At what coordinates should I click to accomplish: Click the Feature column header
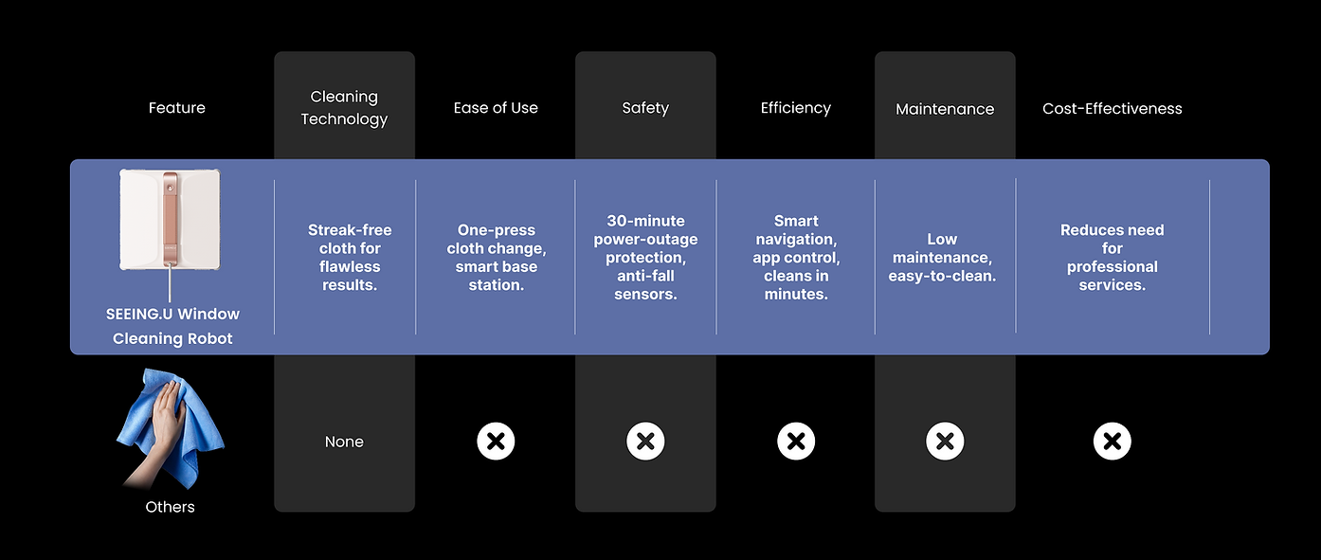176,108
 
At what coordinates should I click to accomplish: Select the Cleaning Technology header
344,108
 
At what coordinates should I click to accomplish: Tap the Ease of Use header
496,108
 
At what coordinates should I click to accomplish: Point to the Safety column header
645,108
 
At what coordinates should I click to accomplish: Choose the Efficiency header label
795,108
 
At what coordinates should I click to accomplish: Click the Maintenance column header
945,109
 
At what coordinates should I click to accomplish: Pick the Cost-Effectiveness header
1112,109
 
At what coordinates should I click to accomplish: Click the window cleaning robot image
170,220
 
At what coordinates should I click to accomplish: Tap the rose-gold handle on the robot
170,218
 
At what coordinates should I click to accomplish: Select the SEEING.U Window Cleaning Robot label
172,326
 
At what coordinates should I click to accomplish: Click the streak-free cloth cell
350,258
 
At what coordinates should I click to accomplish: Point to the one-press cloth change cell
496,258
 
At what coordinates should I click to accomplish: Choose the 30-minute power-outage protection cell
645,258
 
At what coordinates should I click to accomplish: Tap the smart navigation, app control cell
796,258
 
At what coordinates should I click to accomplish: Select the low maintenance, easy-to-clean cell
942,258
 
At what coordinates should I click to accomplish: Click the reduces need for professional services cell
1112,258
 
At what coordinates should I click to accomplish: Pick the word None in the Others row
344,442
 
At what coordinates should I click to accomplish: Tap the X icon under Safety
645,441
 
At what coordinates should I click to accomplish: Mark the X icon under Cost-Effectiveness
1112,441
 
